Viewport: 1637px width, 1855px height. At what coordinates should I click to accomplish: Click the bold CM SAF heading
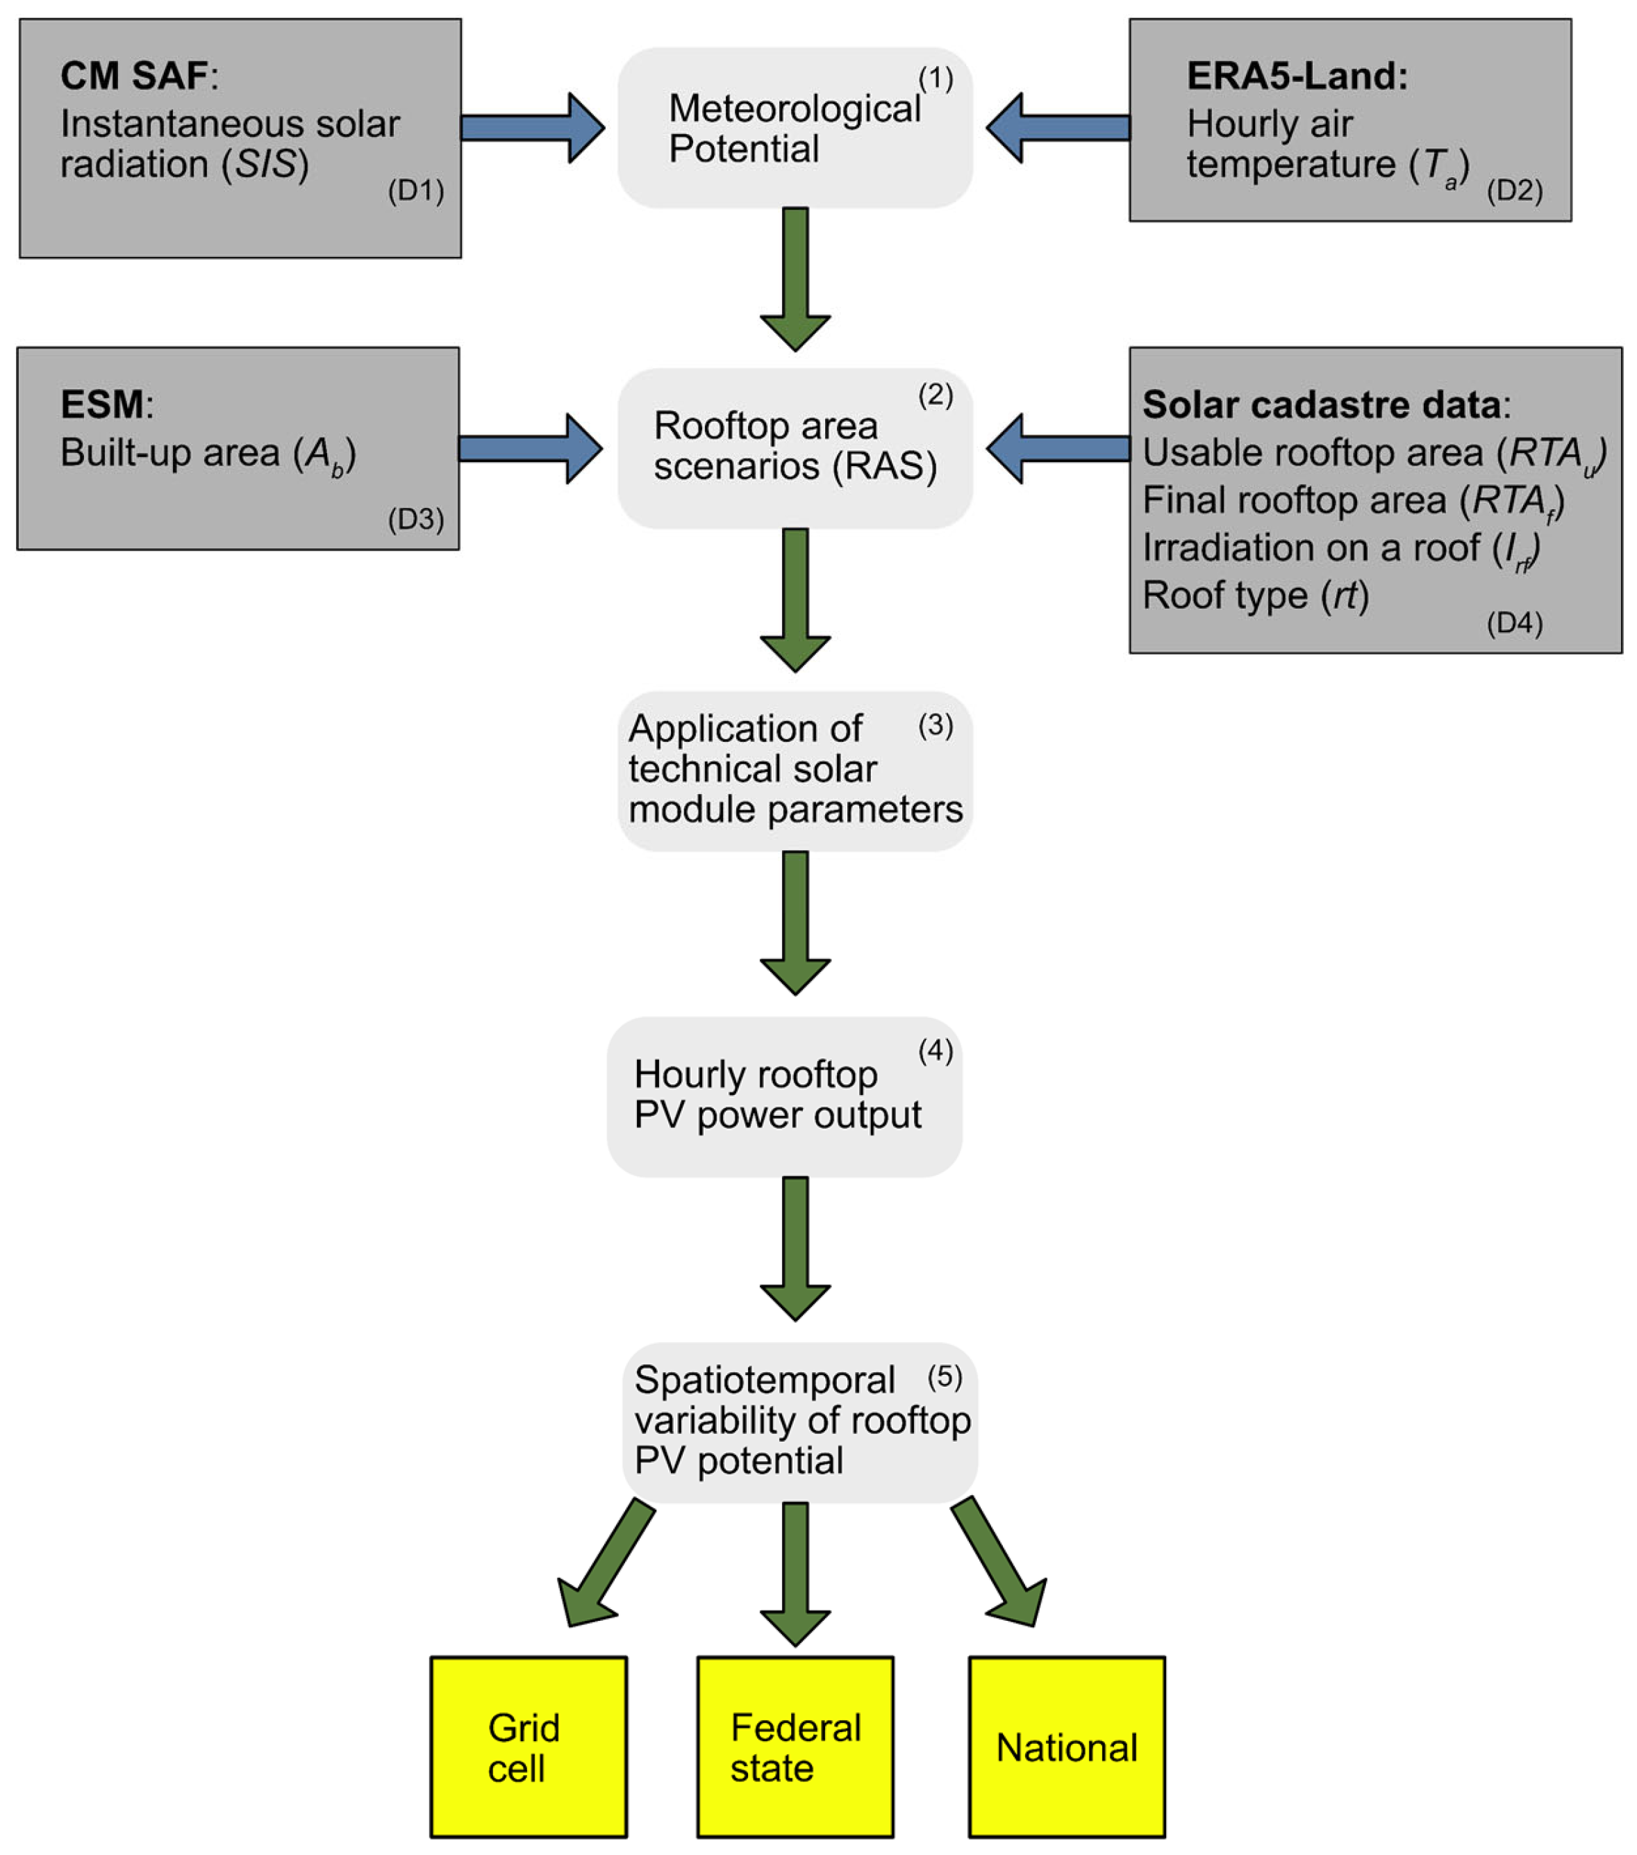point(133,76)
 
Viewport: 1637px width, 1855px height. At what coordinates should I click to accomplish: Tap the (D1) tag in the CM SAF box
point(415,192)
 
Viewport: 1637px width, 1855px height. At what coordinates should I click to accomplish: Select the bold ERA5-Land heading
point(1297,76)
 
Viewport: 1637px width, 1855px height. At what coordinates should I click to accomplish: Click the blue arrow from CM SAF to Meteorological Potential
point(531,128)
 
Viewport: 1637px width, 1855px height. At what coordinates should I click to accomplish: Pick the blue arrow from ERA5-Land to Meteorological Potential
point(1059,128)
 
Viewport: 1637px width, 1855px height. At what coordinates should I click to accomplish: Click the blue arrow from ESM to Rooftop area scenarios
point(529,448)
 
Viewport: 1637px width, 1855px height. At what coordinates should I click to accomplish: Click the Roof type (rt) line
point(1255,596)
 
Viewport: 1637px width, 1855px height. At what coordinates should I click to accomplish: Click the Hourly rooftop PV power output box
point(783,1096)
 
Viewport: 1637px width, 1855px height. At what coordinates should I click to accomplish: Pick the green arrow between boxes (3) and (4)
point(795,922)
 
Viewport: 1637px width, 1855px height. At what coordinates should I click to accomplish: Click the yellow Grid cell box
point(528,1747)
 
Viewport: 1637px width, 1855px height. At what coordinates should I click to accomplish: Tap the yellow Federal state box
point(795,1747)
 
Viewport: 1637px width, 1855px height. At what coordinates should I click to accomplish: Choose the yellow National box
point(1066,1747)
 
